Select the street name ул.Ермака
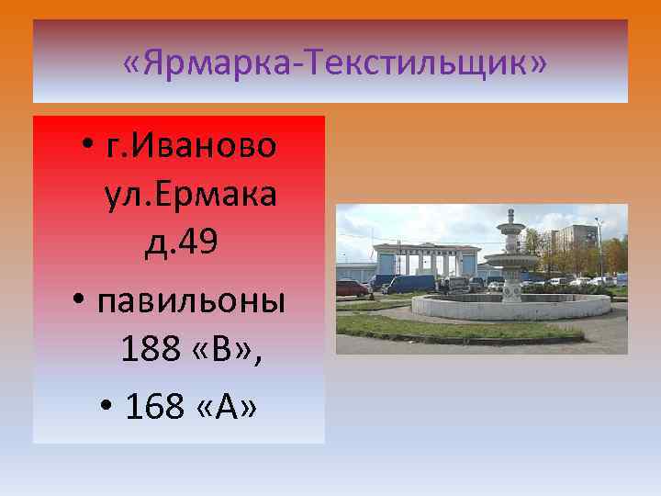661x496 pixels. [191, 196]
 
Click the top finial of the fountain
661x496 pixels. [510, 213]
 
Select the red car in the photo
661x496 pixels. [353, 288]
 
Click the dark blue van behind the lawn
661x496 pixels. [409, 282]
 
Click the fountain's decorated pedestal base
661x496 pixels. [510, 289]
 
